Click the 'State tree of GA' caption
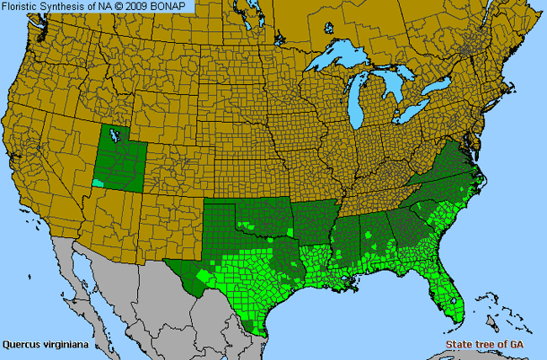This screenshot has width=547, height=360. pos(481,345)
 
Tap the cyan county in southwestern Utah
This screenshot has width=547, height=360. pos(99,182)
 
